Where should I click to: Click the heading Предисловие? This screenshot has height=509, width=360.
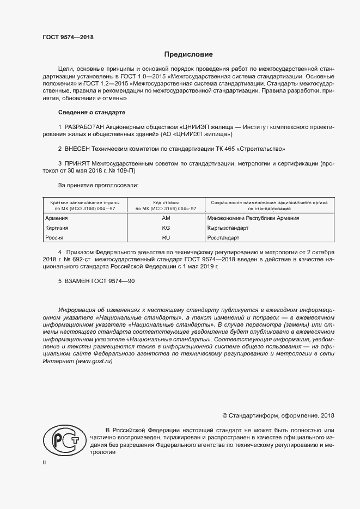[188, 54]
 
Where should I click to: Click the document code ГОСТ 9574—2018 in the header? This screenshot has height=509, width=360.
[68, 36]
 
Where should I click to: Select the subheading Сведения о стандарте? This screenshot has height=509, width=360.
[91, 112]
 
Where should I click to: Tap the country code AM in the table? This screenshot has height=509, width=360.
[167, 218]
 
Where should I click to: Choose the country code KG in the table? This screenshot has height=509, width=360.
[167, 228]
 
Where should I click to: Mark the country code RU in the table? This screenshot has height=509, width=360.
[167, 237]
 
